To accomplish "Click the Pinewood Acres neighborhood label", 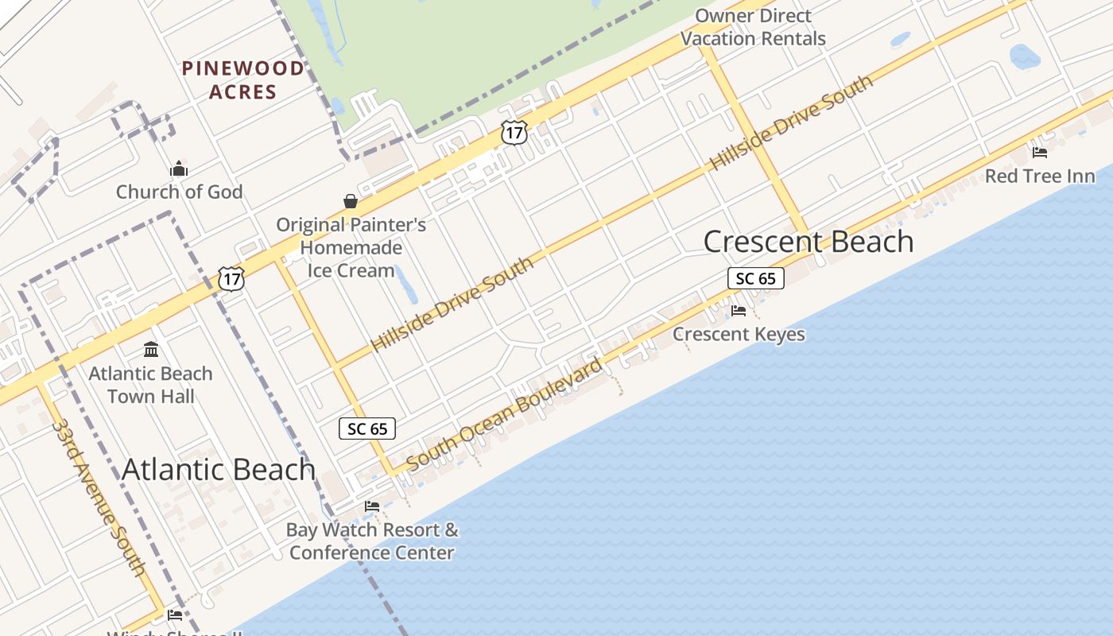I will coord(242,79).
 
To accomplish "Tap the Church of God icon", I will coord(179,169).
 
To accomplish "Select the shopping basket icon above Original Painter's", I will coord(351,200).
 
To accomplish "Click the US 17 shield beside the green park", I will coord(514,132).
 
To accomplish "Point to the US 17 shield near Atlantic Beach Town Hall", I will coord(231,278).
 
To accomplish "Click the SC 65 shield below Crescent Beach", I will coord(755,278).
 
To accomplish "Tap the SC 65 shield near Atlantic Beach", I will coord(367,429).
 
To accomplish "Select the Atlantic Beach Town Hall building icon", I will coord(151,349).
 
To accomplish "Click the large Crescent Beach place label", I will coord(809,242).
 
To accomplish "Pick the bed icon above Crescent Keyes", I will coord(739,310).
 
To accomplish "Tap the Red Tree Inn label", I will coord(1040,176).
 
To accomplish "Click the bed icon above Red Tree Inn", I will coord(1039,152).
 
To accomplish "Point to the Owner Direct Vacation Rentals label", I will coord(753,27).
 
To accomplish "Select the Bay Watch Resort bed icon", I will coord(371,506).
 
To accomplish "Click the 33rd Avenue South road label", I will coord(99,498).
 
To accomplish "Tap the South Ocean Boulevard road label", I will coord(505,415).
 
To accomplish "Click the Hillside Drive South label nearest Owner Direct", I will coord(791,122).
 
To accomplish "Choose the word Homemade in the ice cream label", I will coord(351,247).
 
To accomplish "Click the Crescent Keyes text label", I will coord(739,334).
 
